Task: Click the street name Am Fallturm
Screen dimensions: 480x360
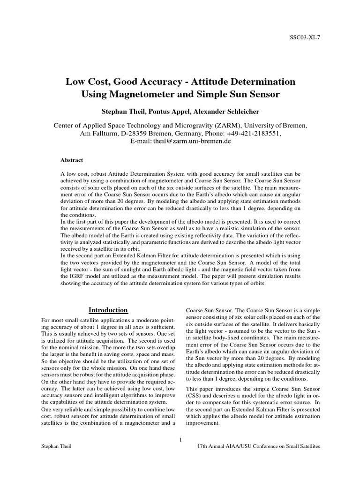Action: click(99, 133)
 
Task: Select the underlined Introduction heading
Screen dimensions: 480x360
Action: click(108, 310)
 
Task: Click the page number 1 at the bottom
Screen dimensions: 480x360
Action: click(180, 439)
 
